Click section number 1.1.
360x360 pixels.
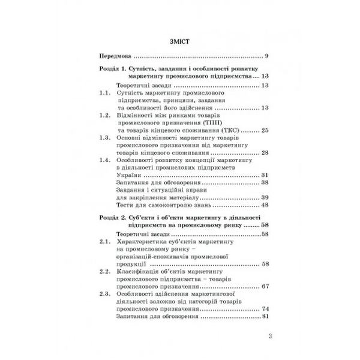tap(104, 95)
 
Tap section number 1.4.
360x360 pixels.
tap(104, 162)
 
